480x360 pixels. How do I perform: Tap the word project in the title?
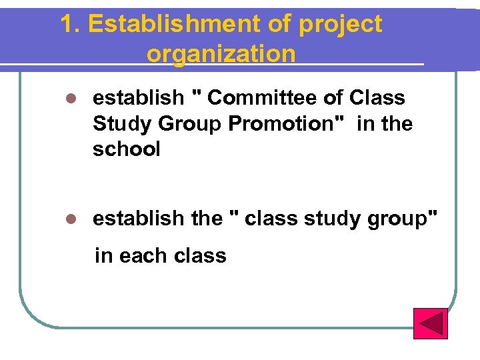point(341,25)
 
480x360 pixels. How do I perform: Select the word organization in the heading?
point(221,53)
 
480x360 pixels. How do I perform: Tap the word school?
point(127,149)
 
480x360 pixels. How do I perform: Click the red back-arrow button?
point(430,323)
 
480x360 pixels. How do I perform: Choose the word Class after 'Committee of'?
point(377,98)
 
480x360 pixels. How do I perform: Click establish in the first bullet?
point(137,98)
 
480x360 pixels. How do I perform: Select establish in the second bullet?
point(137,218)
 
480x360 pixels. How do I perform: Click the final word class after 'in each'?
point(199,255)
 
